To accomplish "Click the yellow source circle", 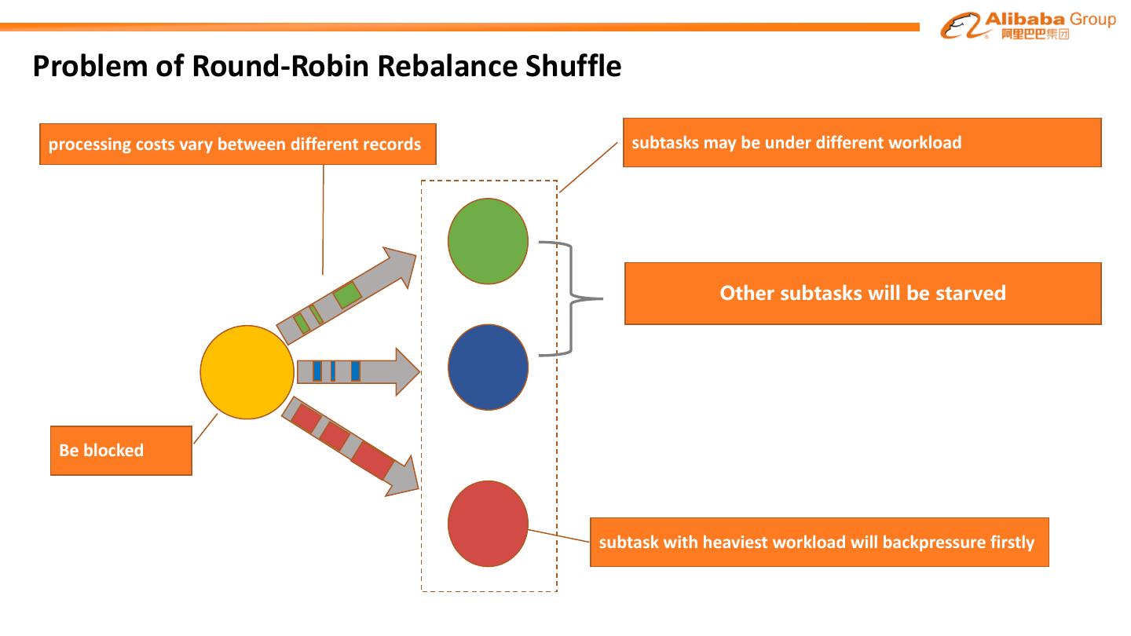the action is coord(247,372).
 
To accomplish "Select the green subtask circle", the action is coord(488,241).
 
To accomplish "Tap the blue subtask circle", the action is coord(488,367).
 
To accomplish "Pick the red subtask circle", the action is coord(488,524).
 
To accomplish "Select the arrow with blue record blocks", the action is coord(358,371).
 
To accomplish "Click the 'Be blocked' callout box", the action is coord(121,450).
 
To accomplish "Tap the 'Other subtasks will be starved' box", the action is coord(863,294).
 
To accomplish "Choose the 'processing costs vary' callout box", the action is coord(238,144).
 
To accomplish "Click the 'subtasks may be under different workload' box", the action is coord(862,142).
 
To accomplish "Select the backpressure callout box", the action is coord(819,542).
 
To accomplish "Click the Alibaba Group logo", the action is coord(1027,25).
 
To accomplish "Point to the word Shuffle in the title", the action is coord(573,66).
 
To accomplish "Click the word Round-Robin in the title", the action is coord(280,66).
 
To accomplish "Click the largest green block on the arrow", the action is coord(347,294).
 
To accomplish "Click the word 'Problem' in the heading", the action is coord(91,66).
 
